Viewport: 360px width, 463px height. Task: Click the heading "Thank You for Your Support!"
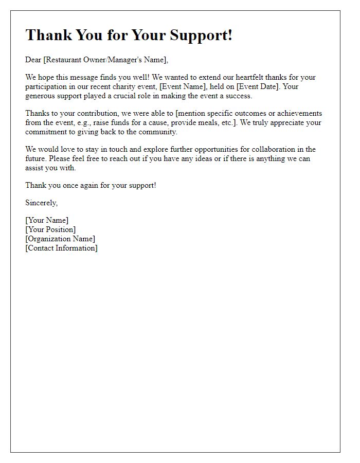click(x=129, y=35)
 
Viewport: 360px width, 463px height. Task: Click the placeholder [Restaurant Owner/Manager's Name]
click(x=105, y=60)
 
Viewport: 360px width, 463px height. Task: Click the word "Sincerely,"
click(x=42, y=203)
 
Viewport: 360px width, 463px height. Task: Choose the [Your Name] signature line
click(x=47, y=220)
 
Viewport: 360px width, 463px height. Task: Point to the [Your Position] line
click(x=50, y=229)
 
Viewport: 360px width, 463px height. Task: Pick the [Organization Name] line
click(x=60, y=239)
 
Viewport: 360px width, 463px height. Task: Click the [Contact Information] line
click(x=61, y=248)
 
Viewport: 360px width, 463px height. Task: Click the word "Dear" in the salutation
click(x=33, y=60)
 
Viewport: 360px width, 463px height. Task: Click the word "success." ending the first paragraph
click(x=239, y=96)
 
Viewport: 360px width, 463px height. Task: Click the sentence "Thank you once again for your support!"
click(x=91, y=185)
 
